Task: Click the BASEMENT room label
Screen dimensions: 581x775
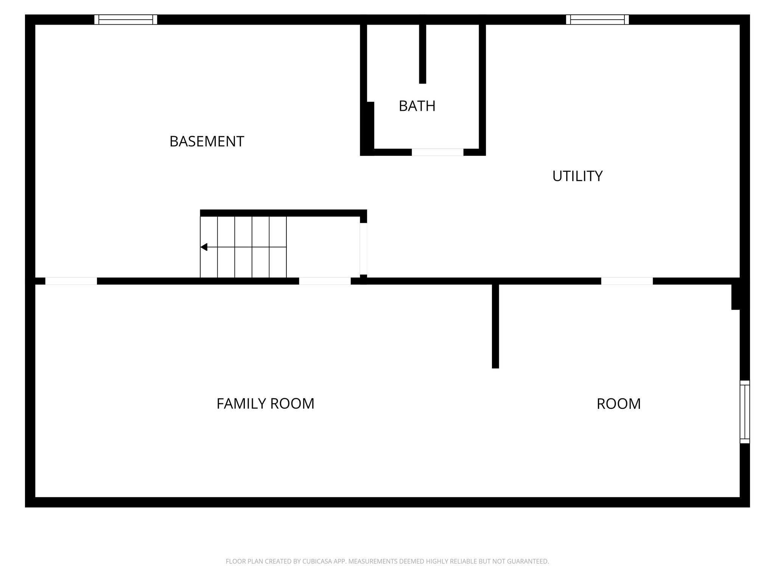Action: click(x=207, y=141)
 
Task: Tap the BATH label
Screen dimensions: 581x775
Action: click(x=417, y=106)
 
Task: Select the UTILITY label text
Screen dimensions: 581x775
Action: click(x=577, y=176)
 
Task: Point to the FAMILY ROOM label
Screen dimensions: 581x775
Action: click(x=265, y=404)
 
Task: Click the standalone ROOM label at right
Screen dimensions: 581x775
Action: click(x=618, y=404)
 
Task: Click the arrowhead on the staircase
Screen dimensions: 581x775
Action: click(x=204, y=247)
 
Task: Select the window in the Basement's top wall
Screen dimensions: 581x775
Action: click(x=126, y=20)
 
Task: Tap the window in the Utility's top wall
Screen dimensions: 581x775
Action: click(x=597, y=20)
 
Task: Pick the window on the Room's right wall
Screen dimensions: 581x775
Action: click(x=744, y=412)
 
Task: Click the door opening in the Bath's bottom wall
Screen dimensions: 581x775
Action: click(x=437, y=152)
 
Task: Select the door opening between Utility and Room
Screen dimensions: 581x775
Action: click(x=627, y=281)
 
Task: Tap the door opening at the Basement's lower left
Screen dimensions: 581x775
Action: click(x=71, y=281)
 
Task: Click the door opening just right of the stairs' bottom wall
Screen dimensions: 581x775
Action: click(x=325, y=281)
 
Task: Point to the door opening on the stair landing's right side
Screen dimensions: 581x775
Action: click(x=363, y=249)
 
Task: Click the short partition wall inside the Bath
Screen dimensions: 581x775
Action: click(x=423, y=53)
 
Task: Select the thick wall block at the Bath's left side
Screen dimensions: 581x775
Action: click(x=367, y=128)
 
